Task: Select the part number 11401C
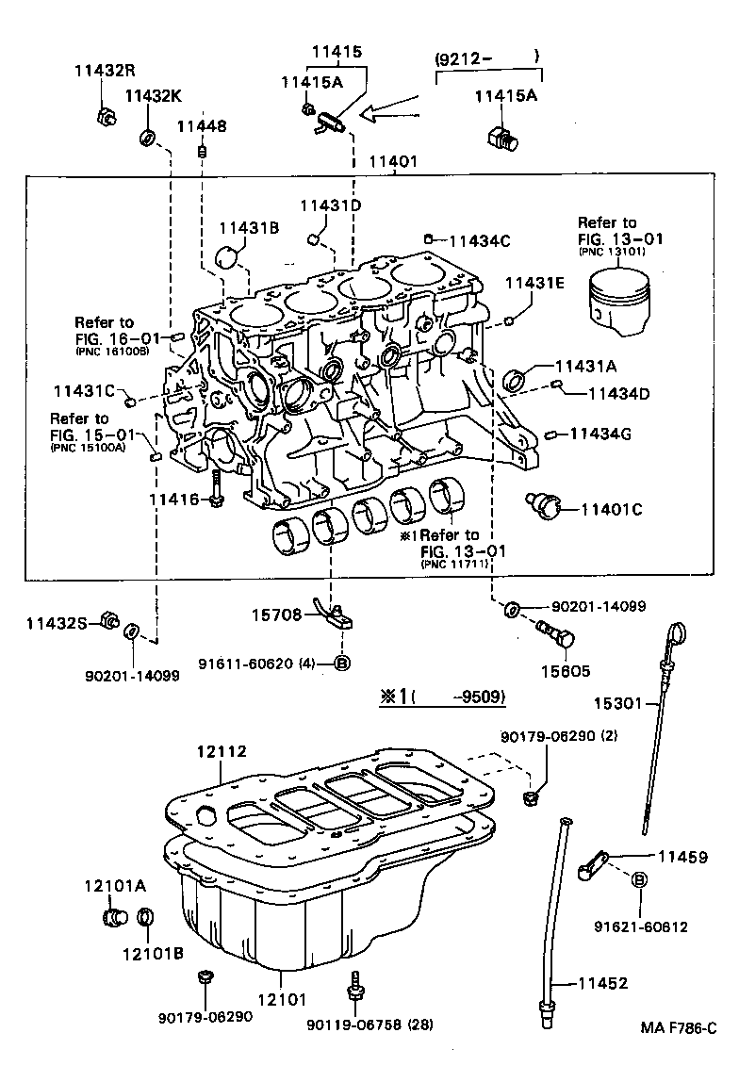(x=611, y=509)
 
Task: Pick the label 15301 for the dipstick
(x=617, y=702)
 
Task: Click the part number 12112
(x=222, y=751)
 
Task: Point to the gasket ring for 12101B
(x=146, y=916)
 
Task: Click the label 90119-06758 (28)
(x=370, y=1025)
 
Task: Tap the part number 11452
(x=602, y=983)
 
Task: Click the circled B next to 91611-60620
(x=342, y=664)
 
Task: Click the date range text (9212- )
(x=486, y=57)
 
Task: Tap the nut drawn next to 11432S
(x=108, y=622)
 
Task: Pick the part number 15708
(x=276, y=615)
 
